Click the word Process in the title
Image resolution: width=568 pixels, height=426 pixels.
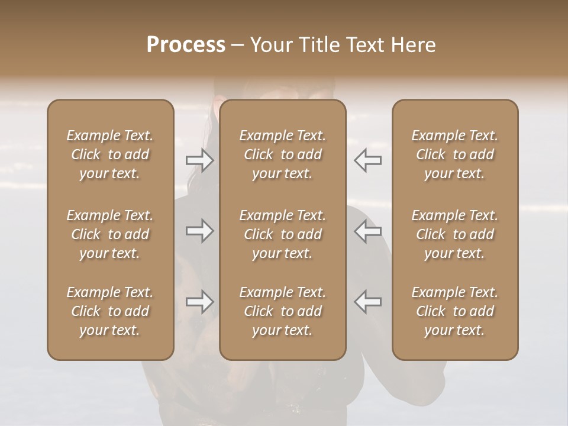coord(186,45)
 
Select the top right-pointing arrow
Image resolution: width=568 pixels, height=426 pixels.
coord(199,160)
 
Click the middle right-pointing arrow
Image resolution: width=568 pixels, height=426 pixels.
coord(199,231)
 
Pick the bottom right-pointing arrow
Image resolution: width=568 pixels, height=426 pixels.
coord(199,302)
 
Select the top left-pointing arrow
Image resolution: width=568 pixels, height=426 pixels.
coord(368,160)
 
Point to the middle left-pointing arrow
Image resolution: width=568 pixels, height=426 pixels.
coord(368,231)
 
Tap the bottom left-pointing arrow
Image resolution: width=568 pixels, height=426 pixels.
coord(368,302)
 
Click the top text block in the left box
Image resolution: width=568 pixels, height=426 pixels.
coord(110,154)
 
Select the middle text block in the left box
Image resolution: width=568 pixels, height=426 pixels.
coord(110,234)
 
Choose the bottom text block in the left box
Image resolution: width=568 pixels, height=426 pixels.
coord(110,311)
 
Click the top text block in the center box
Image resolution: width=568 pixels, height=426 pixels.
coord(283,154)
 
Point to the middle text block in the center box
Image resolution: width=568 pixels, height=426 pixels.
coord(283,234)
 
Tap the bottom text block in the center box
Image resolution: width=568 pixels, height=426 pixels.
coord(283,311)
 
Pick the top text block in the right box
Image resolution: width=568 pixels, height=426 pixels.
coord(455,154)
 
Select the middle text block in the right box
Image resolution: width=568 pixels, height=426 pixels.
coord(455,234)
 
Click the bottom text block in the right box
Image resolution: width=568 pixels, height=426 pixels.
coord(455,311)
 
